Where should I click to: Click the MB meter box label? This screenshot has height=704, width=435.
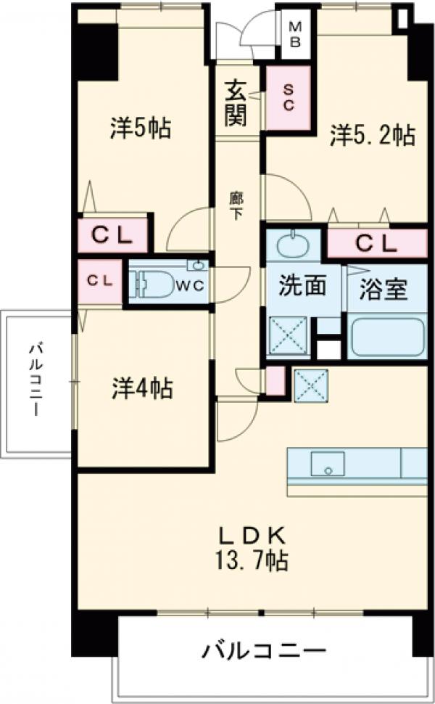pyautogui.click(x=295, y=33)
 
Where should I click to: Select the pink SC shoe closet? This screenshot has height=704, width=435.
pyautogui.click(x=288, y=97)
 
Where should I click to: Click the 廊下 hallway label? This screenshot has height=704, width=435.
pyautogui.click(x=236, y=205)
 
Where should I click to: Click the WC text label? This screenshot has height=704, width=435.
pyautogui.click(x=192, y=285)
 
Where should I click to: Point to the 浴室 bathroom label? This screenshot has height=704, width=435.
pyautogui.click(x=384, y=288)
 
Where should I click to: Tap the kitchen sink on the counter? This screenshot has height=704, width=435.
pyautogui.click(x=328, y=463)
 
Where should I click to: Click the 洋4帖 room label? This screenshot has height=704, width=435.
pyautogui.click(x=142, y=388)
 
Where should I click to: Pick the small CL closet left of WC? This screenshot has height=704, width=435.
pyautogui.click(x=99, y=280)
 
